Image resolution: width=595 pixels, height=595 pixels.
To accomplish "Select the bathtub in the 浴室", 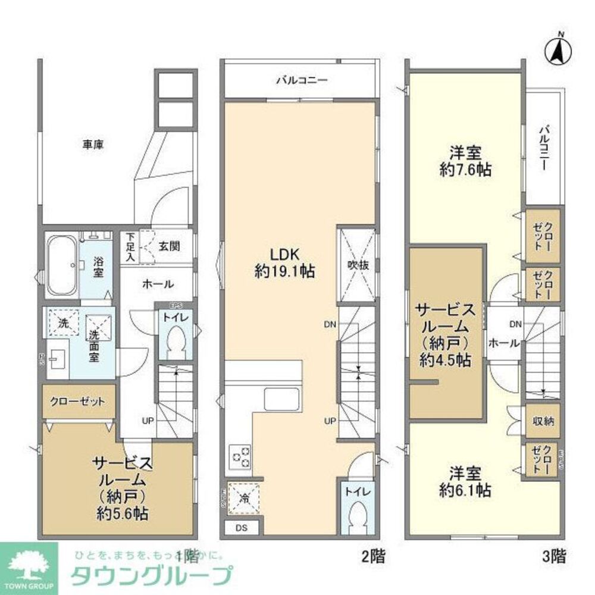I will tap(61, 265).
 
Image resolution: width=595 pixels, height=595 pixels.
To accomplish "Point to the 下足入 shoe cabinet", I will tap(129, 246).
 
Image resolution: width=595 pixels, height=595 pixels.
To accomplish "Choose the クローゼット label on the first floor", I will tap(78, 402).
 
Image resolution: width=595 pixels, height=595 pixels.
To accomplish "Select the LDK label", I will tap(284, 254).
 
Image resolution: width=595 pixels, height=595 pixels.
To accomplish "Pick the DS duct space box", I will tap(241, 528).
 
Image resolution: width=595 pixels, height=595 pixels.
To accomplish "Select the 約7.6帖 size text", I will tap(465, 170).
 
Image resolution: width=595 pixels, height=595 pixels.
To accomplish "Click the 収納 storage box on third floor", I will tap(542, 421).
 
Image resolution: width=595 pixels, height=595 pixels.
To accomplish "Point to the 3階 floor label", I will tap(553, 557).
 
